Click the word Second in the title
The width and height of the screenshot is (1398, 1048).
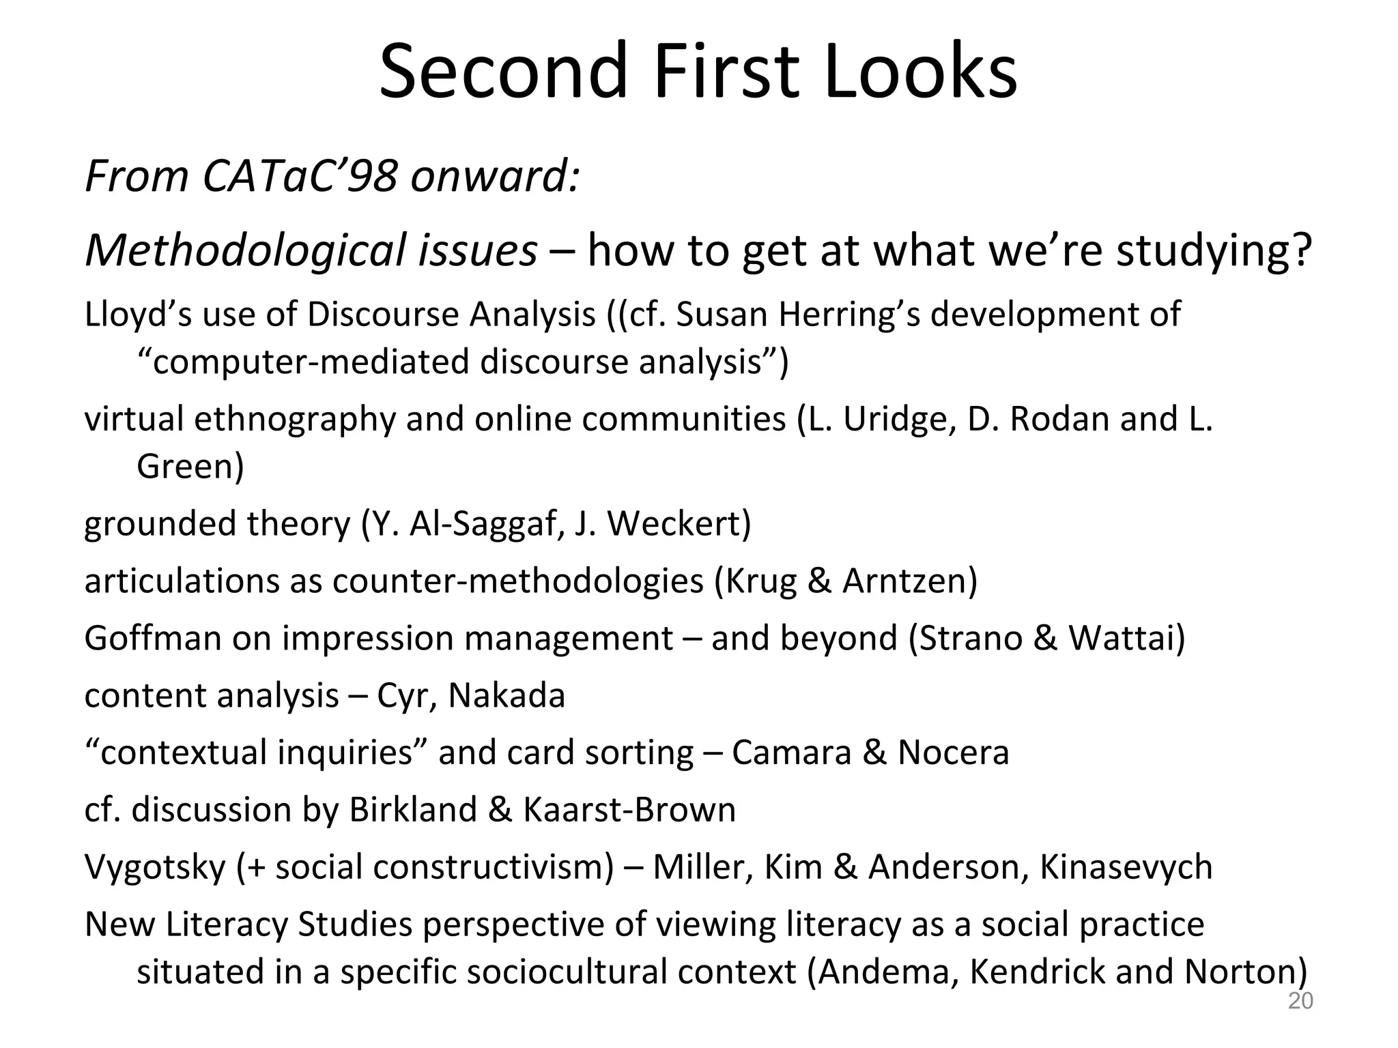coord(502,72)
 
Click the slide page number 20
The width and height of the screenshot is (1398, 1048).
coord(1300,1001)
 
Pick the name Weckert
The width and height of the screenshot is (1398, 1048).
coord(679,524)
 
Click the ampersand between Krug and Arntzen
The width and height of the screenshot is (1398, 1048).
coord(819,581)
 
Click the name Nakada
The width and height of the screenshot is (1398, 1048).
coord(507,696)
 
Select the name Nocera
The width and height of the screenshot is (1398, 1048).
coord(953,753)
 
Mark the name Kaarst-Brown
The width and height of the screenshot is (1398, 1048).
coord(629,810)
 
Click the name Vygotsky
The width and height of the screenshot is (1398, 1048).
coord(155,867)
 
